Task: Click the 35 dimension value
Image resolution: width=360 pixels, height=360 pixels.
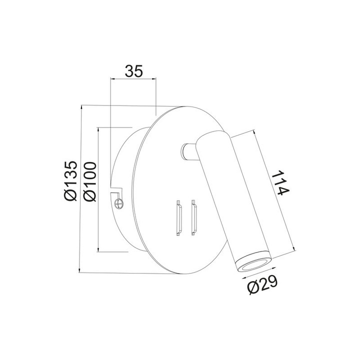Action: [133, 71]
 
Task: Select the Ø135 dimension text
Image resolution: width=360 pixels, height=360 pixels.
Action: [70, 181]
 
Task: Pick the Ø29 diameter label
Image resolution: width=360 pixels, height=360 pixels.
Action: [262, 286]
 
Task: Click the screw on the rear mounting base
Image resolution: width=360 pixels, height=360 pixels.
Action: [118, 203]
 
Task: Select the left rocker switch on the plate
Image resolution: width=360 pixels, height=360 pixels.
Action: [177, 217]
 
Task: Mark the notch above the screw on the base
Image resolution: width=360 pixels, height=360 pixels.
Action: [117, 190]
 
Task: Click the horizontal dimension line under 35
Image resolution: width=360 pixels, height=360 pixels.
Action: [133, 79]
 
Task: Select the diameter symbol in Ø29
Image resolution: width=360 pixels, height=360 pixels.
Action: [252, 288]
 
